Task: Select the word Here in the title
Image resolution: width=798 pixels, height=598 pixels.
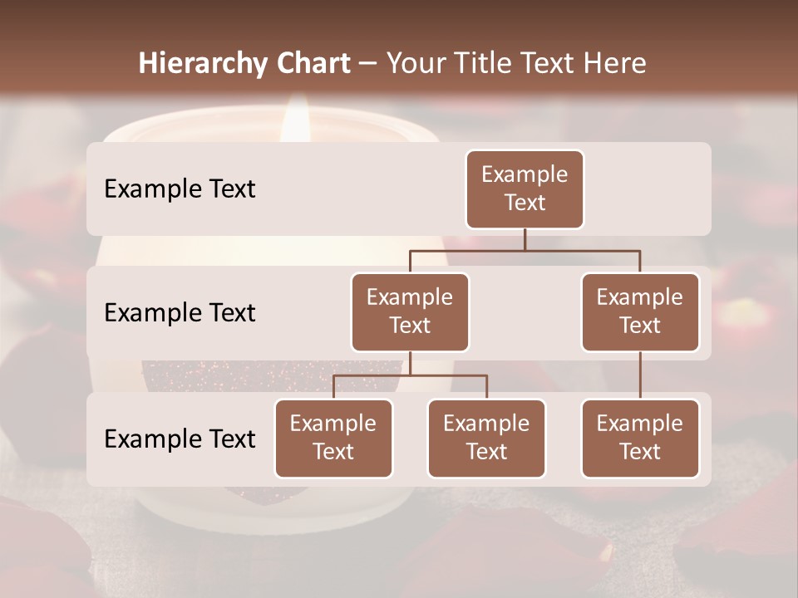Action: [615, 63]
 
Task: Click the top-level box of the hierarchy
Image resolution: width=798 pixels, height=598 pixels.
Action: [525, 189]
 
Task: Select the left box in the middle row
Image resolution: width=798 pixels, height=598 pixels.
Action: [410, 311]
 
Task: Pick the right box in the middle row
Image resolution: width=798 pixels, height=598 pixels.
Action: [640, 311]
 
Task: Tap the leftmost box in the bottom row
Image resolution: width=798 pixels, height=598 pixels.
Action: [333, 438]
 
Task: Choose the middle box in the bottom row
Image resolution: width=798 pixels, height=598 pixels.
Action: [486, 438]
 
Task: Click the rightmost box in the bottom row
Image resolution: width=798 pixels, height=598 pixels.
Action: [640, 438]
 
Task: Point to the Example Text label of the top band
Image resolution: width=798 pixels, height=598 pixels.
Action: [180, 189]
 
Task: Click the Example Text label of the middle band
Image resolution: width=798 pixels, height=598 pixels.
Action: [180, 312]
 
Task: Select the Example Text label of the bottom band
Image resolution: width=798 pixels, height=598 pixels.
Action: [180, 439]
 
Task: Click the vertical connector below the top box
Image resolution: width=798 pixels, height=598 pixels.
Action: [525, 239]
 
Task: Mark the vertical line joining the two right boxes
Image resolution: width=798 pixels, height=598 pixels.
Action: [640, 375]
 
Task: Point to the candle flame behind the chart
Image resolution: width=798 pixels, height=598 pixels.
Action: [295, 120]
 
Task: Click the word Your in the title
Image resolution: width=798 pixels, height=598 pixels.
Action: [415, 63]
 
